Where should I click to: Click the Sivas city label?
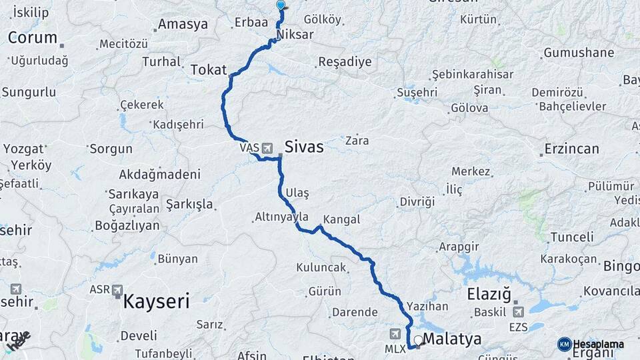click(x=304, y=147)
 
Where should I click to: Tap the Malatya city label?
click(x=452, y=339)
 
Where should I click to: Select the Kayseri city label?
click(x=156, y=301)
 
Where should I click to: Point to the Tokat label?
click(x=209, y=69)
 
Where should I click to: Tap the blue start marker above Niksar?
click(x=281, y=5)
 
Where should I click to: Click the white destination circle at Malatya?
click(x=418, y=340)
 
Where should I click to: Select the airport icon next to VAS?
click(x=267, y=147)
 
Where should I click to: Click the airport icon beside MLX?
click(x=396, y=333)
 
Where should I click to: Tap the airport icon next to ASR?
click(x=118, y=290)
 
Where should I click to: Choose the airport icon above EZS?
click(x=519, y=311)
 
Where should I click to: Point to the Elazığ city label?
click(x=489, y=293)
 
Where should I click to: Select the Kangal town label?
click(x=341, y=219)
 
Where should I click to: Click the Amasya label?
click(x=183, y=25)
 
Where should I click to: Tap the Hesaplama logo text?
click(x=598, y=344)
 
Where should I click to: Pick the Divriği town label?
click(x=417, y=201)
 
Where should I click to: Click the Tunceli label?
click(x=572, y=237)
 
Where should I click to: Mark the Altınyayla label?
click(x=282, y=217)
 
